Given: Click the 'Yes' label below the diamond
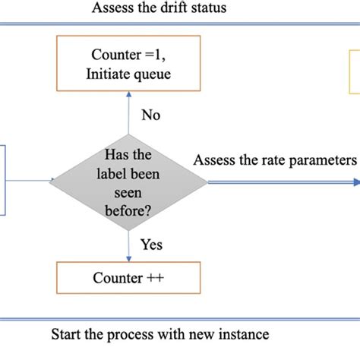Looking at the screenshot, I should [x=151, y=245].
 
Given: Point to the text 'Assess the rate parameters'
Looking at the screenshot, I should [x=275, y=160].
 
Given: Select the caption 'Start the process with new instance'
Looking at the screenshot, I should [x=159, y=334].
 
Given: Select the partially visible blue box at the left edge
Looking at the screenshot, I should [x=3, y=181].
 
